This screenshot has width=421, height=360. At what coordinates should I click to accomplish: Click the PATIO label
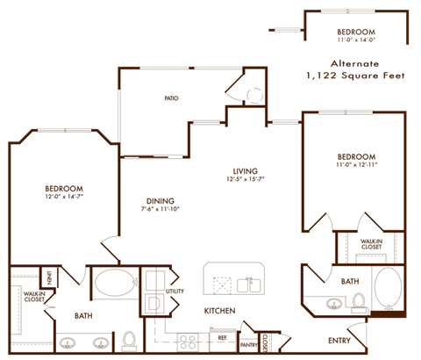(171, 98)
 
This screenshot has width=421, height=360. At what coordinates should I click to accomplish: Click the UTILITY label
(175, 290)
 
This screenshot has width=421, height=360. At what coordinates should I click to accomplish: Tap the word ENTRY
(339, 340)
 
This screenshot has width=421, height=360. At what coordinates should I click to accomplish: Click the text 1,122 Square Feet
(355, 77)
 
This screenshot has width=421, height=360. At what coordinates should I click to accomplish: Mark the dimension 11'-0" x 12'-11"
(355, 166)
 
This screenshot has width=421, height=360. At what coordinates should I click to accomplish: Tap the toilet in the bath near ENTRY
(359, 303)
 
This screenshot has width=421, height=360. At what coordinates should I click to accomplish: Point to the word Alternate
(355, 63)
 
